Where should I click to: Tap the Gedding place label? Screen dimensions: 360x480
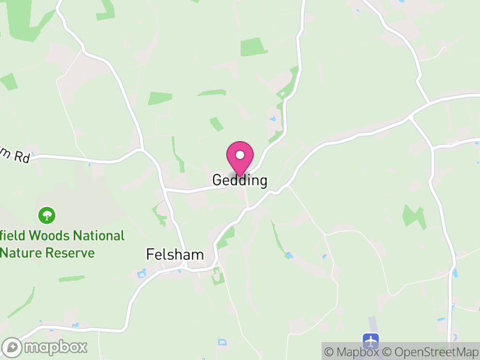pos(239,181)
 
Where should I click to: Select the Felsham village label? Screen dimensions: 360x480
pos(175,255)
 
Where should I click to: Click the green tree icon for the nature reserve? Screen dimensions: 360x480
pos(47,214)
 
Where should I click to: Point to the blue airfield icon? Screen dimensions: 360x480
pos(372,340)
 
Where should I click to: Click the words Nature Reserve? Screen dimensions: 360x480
pos(48,253)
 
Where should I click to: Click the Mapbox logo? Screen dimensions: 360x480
pos(46,347)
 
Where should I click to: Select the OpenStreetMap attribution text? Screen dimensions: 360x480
pos(432,352)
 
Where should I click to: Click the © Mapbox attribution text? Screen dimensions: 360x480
pos(353,352)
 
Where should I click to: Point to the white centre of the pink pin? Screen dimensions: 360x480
pos(240,155)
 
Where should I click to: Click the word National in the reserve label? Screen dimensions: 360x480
pos(100,236)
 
